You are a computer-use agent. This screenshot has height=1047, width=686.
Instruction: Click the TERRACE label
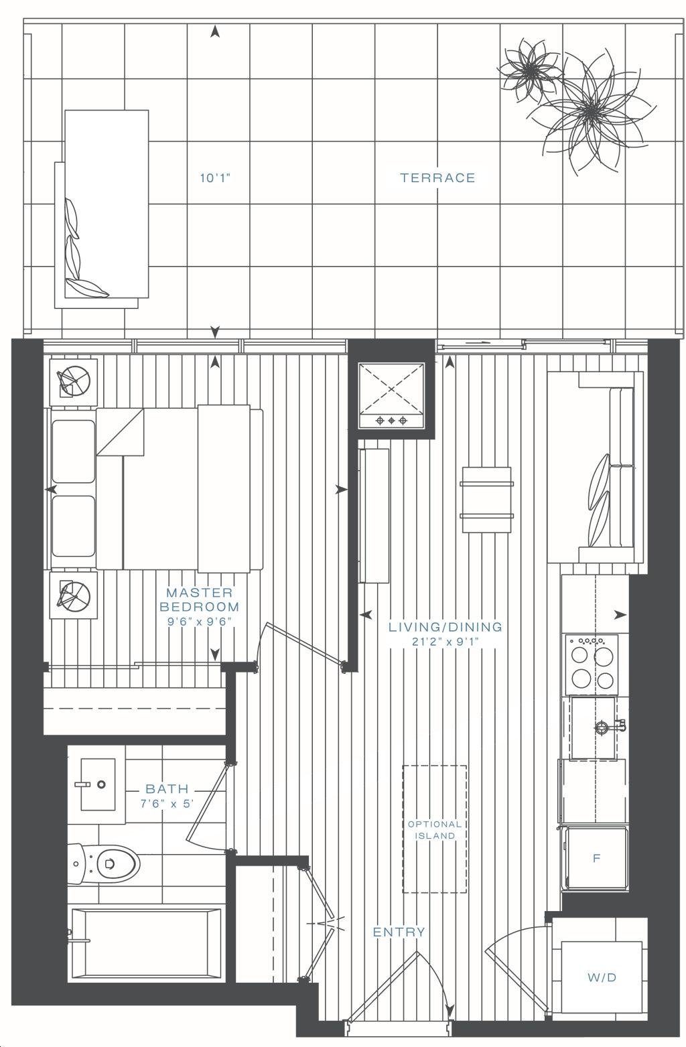(437, 178)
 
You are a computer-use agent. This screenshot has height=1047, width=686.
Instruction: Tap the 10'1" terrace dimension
(216, 178)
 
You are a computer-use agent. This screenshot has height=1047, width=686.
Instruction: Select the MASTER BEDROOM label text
(200, 600)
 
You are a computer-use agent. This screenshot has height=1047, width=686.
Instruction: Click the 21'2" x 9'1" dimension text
(445, 642)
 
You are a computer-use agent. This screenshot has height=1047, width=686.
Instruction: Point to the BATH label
(167, 789)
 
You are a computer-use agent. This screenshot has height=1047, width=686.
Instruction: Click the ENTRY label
(399, 932)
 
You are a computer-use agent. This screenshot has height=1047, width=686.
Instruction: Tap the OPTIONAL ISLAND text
(435, 830)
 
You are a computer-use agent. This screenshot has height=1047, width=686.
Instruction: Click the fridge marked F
(596, 857)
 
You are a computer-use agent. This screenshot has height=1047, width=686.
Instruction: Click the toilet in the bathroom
(104, 863)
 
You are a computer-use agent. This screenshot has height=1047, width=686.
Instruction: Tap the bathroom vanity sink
(98, 784)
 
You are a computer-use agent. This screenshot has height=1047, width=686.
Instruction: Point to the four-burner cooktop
(592, 665)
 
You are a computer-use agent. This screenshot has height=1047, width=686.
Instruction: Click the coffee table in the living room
(486, 499)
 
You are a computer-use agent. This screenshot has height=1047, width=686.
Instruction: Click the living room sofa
(596, 467)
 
